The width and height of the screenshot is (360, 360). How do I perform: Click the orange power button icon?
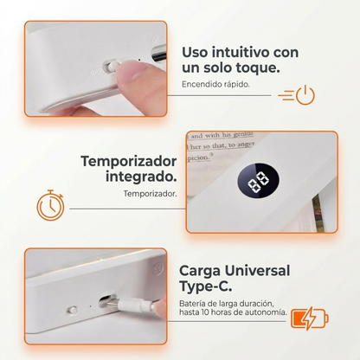point(305,95)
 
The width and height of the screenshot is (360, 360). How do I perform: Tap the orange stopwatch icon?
point(49,204)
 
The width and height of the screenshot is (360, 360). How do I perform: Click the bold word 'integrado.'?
point(142,177)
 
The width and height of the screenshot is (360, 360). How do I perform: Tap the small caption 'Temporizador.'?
point(151,194)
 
